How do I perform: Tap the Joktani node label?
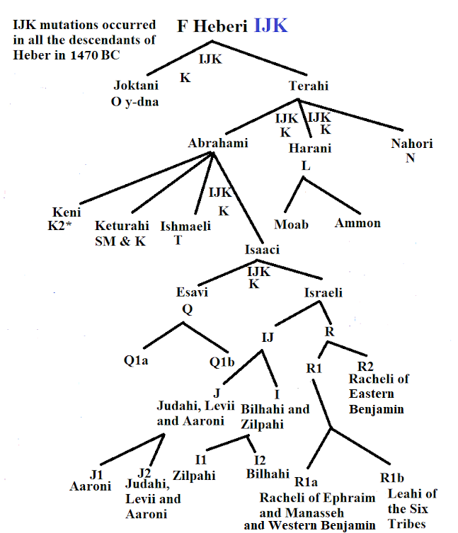point(135,86)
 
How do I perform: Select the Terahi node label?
point(309,86)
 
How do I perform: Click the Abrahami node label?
point(218,144)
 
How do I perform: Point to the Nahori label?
point(412,144)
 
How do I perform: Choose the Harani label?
point(310,149)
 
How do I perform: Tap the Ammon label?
point(357,223)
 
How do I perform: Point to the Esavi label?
point(192,292)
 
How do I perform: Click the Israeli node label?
point(324,292)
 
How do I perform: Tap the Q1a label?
point(137,360)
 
